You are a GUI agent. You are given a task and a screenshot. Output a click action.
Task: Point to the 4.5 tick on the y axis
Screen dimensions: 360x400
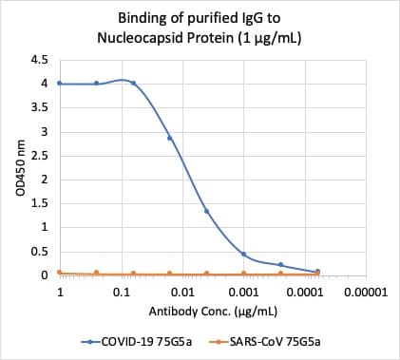[41, 59]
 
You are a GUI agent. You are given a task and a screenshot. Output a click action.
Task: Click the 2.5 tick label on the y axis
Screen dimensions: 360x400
[41, 155]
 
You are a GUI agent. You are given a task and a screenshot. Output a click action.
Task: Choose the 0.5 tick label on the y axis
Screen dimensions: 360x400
[41, 252]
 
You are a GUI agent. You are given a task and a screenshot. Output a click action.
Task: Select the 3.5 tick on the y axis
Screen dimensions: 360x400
[41, 107]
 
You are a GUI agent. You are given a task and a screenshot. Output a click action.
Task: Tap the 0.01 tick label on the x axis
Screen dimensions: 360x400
[182, 292]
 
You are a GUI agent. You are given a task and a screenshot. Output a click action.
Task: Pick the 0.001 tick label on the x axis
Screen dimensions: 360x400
[243, 292]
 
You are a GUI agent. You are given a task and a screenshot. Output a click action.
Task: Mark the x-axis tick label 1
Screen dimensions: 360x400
[60, 292]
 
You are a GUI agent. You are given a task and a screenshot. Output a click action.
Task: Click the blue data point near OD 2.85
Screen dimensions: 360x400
[170, 138]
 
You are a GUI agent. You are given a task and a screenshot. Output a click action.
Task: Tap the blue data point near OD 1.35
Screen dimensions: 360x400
[206, 211]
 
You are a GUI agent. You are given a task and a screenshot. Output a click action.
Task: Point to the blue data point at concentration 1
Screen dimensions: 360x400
[60, 83]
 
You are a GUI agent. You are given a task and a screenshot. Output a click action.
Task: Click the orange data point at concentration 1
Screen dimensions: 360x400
[60, 273]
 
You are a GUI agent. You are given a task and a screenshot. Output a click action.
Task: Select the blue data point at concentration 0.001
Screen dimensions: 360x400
[243, 255]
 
